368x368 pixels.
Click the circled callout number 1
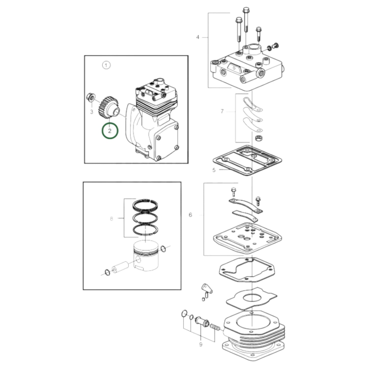click(106, 65)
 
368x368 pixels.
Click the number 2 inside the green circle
click(110, 131)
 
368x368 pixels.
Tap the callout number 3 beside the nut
click(92, 112)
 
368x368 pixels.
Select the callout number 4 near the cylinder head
click(198, 37)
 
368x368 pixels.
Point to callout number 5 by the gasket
click(214, 170)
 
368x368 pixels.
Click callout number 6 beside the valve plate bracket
click(190, 215)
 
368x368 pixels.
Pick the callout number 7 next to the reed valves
click(222, 111)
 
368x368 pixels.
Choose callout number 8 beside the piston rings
click(111, 219)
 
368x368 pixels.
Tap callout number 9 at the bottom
click(201, 344)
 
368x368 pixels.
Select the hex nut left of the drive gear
click(90, 97)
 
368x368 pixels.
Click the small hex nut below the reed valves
click(257, 139)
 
